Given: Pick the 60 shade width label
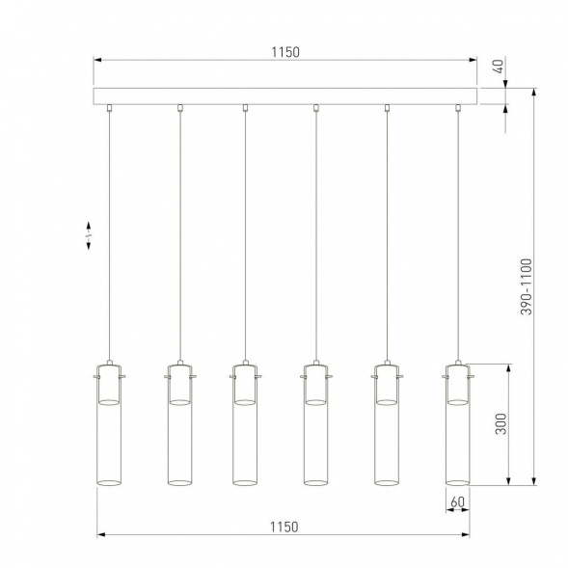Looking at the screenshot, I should click(457, 500).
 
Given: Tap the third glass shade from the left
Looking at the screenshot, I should click(244, 434).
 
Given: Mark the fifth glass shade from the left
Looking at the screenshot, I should click(386, 434).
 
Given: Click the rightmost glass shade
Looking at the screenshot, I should click(456, 434).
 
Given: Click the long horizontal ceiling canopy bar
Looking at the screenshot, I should click(285, 96).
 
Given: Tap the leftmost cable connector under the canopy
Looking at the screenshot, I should click(111, 108).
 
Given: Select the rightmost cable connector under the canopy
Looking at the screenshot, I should click(457, 108).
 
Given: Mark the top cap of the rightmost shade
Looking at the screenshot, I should click(456, 370).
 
